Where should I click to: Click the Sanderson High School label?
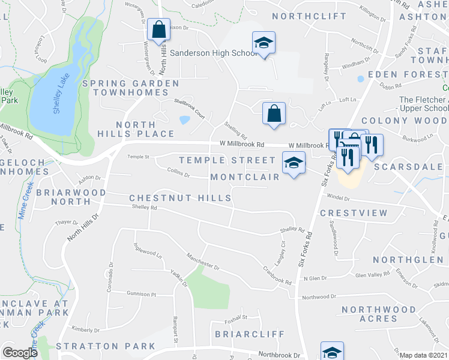pyautogui.click(x=214, y=53)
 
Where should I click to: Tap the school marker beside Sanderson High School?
pyautogui.click(x=264, y=43)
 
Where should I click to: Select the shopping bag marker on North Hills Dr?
pyautogui.click(x=158, y=30)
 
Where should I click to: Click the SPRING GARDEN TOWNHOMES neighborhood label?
pyautogui.click(x=130, y=88)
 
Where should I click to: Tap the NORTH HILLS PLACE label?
pyautogui.click(x=145, y=129)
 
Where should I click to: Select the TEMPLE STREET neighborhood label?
pyautogui.click(x=226, y=160)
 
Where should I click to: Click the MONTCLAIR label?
pyautogui.click(x=245, y=177)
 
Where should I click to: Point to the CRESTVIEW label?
pyautogui.click(x=348, y=213)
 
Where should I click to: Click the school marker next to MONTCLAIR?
pyautogui.click(x=294, y=163)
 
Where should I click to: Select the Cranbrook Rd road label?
pyautogui.click(x=276, y=275)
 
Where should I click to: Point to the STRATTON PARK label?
pyautogui.click(x=106, y=346)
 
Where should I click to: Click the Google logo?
pyautogui.click(x=20, y=353)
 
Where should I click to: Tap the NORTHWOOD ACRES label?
pyautogui.click(x=378, y=314)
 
